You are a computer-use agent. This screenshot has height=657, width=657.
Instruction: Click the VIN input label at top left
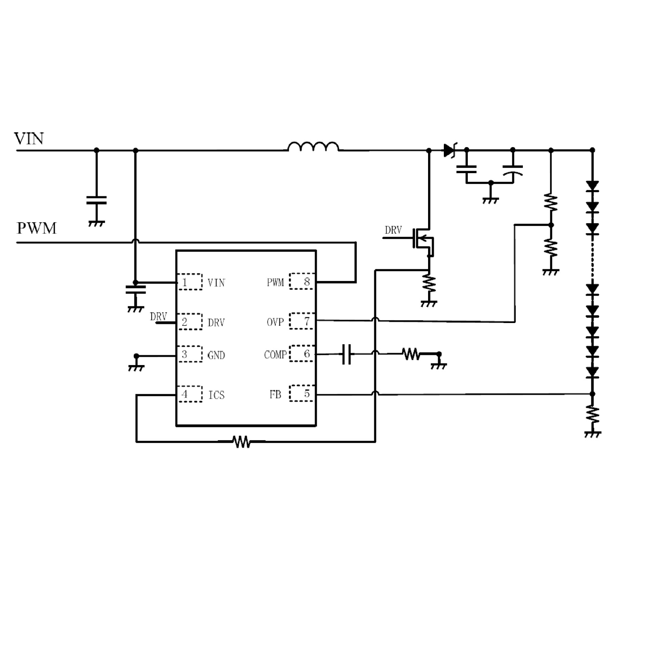29,139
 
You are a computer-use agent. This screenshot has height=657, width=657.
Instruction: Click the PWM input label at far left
37,228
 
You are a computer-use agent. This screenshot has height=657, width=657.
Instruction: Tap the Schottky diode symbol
449,150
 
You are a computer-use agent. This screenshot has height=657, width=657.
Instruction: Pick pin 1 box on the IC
190,282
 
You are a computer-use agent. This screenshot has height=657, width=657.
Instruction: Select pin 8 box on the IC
301,281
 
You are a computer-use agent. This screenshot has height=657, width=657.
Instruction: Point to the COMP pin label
275,355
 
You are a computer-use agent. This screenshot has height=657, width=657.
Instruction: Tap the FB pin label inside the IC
275,395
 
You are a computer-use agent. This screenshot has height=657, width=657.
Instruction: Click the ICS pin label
216,395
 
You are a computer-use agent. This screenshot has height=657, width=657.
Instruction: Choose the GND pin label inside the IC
216,356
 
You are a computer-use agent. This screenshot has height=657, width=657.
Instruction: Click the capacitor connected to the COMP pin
347,354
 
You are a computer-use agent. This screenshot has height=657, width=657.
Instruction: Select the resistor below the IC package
242,442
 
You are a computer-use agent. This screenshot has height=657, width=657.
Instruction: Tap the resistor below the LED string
592,415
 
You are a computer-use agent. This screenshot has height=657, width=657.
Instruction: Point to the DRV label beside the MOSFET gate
393,230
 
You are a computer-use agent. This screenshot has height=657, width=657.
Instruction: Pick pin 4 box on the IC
190,394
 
